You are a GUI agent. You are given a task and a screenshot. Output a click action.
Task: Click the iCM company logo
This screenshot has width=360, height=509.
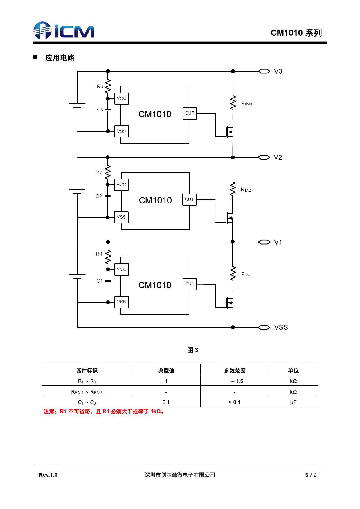point(64,30)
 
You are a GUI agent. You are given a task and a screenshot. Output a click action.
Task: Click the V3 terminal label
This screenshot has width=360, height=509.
point(278,71)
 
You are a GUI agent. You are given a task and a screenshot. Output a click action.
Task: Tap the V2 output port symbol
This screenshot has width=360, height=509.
point(264,157)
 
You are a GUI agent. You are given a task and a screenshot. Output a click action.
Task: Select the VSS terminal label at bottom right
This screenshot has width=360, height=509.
point(281,327)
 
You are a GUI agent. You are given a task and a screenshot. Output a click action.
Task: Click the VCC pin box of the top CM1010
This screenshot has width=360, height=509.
point(122,98)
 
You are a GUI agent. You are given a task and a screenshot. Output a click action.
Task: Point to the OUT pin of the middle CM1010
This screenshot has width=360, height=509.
point(189,199)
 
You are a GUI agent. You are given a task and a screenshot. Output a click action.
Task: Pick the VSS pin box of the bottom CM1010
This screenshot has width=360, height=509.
point(122,302)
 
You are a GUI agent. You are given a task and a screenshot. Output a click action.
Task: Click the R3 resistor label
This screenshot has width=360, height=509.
point(100,86)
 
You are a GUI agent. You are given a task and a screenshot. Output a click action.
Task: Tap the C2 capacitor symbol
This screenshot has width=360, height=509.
point(108,196)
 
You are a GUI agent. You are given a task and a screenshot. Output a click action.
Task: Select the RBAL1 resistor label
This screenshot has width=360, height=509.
point(246,275)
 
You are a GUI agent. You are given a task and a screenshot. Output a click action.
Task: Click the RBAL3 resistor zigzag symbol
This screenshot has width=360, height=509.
point(233,103)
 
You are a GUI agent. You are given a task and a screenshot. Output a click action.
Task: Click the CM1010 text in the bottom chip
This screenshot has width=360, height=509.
point(155,285)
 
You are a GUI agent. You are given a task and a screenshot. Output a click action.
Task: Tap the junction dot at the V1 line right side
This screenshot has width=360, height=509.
point(233,242)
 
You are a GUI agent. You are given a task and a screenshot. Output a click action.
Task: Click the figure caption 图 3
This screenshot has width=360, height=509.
point(193,350)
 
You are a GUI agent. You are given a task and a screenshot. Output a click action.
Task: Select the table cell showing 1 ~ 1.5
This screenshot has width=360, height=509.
point(235,381)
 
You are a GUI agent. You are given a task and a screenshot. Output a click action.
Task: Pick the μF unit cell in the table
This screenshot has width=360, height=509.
point(293,402)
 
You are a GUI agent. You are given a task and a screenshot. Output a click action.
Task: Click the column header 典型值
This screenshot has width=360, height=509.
point(166,370)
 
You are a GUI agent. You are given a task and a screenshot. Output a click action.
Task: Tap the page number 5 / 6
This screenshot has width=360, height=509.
point(311,475)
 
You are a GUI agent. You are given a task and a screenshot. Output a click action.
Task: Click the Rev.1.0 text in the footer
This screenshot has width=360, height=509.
point(48,475)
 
